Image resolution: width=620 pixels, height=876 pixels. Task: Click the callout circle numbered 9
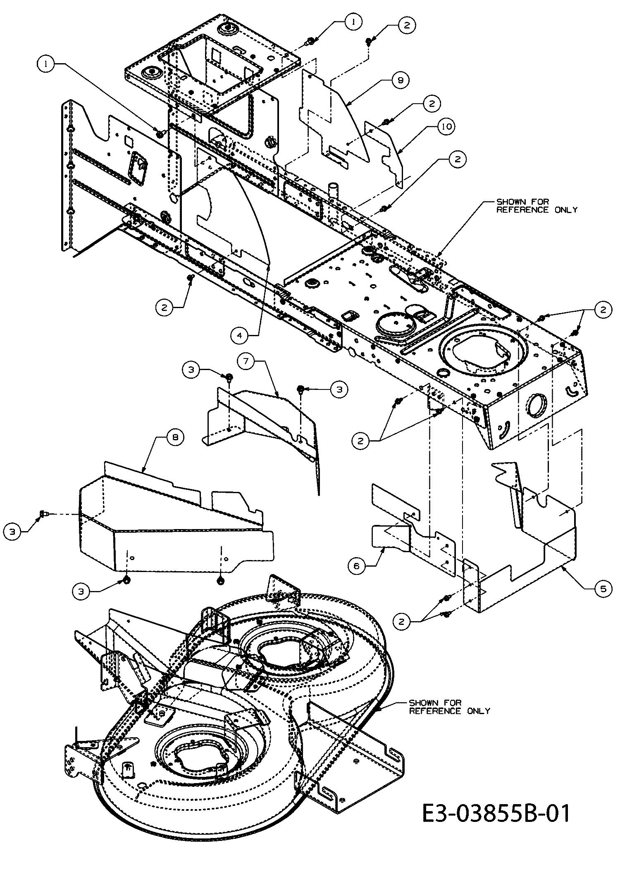click(400, 80)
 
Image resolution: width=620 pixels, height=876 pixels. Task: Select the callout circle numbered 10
click(445, 126)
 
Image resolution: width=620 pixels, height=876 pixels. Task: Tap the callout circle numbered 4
click(240, 335)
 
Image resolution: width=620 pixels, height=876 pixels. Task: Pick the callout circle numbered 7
click(246, 361)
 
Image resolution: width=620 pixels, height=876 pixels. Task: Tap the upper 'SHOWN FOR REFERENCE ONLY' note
click(537, 206)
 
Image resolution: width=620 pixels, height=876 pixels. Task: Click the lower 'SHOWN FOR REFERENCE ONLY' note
click(450, 707)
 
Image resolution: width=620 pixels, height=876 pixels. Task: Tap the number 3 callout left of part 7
click(191, 370)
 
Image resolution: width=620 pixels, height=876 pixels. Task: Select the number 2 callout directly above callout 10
click(432, 103)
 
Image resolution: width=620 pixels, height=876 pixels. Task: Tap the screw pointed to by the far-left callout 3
click(43, 514)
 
